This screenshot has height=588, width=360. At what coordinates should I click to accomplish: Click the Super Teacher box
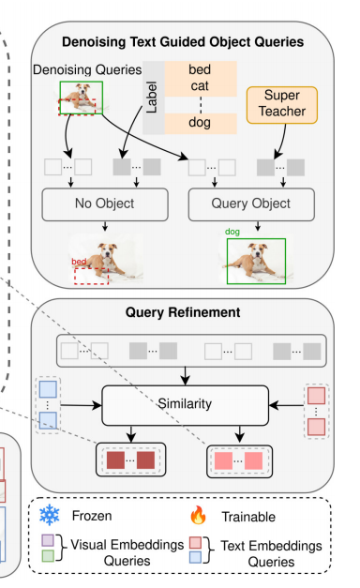pos(282,105)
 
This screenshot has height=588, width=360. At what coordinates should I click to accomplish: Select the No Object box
pos(105,204)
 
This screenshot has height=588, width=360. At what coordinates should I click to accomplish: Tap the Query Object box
pos(251,204)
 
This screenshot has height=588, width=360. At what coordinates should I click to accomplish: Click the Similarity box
pos(186,405)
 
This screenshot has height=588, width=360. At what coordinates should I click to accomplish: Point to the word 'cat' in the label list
pos(200,86)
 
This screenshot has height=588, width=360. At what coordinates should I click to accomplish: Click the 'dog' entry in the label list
pos(200,123)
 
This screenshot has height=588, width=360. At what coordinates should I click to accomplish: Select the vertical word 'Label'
pos(152,98)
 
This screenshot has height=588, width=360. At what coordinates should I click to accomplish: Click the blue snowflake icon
pos(50,515)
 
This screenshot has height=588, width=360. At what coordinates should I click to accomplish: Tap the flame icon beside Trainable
pos(198,515)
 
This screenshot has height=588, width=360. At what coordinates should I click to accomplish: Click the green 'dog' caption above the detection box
pos(232,232)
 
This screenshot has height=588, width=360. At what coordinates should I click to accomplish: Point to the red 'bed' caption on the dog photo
pos(79,262)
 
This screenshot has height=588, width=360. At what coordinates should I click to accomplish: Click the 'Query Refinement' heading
pos(183,312)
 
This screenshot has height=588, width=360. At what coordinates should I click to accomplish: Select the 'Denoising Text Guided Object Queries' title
pos(183,42)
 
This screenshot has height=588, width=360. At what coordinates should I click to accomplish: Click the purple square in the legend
pos(48,540)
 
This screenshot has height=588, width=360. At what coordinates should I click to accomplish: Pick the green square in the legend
pos(48,555)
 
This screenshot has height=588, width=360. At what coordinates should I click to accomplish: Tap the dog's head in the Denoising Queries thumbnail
pos(83,90)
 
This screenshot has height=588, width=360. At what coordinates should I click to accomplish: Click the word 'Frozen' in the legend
pos(92,516)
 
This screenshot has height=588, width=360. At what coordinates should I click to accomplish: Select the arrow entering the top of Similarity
pos(186,376)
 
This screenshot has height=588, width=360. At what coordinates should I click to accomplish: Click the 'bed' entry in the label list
pos(200,69)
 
